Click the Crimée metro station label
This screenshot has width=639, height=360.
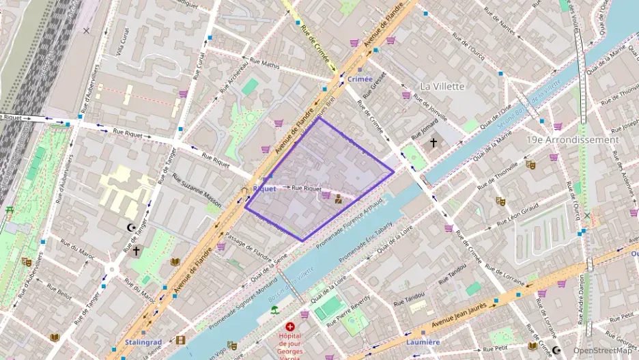point(360,79)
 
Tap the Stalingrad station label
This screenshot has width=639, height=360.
point(143,342)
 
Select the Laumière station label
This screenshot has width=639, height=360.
point(423,342)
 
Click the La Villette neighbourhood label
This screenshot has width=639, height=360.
point(442,87)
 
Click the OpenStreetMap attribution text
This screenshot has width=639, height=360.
point(602,350)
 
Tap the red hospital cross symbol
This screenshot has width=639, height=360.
point(290,327)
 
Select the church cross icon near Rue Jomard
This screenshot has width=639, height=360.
point(433,142)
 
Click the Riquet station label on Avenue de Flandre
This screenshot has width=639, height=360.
point(264,189)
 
